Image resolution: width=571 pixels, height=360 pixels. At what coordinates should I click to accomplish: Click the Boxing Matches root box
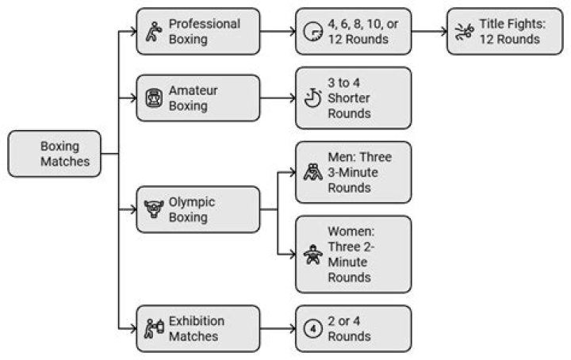pyautogui.click(x=54, y=154)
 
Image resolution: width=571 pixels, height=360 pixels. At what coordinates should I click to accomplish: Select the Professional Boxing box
pyautogui.click(x=197, y=32)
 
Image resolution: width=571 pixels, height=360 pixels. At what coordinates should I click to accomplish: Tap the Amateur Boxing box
pyautogui.click(x=197, y=98)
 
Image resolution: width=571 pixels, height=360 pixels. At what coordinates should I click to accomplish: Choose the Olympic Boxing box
pyautogui.click(x=197, y=209)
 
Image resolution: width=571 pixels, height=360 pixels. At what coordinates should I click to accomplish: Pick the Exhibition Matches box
pyautogui.click(x=197, y=328)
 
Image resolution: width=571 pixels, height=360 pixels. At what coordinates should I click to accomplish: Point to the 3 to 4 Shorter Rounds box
pyautogui.click(x=353, y=98)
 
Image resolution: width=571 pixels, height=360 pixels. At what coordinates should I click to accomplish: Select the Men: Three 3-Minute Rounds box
pyautogui.click(x=353, y=172)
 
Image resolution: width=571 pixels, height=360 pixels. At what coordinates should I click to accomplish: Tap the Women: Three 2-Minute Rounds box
pyautogui.click(x=353, y=255)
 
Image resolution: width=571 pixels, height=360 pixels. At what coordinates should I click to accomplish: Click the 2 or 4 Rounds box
pyautogui.click(x=353, y=328)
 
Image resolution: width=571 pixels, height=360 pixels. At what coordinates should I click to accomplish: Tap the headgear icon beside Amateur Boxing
pyautogui.click(x=152, y=99)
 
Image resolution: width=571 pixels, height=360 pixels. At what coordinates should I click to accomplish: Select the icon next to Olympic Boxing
pyautogui.click(x=152, y=210)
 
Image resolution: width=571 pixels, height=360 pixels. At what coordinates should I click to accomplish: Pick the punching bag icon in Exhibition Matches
pyautogui.click(x=153, y=328)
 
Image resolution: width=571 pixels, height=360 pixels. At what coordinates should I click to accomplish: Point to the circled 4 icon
pyautogui.click(x=312, y=328)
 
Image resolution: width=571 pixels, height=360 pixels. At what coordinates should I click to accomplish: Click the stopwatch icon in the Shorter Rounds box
pyautogui.click(x=312, y=99)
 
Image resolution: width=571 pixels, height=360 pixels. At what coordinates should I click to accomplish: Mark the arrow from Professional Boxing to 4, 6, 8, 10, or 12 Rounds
pyautogui.click(x=277, y=32)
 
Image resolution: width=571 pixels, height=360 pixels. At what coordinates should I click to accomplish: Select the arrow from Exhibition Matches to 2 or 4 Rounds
pyautogui.click(x=277, y=328)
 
